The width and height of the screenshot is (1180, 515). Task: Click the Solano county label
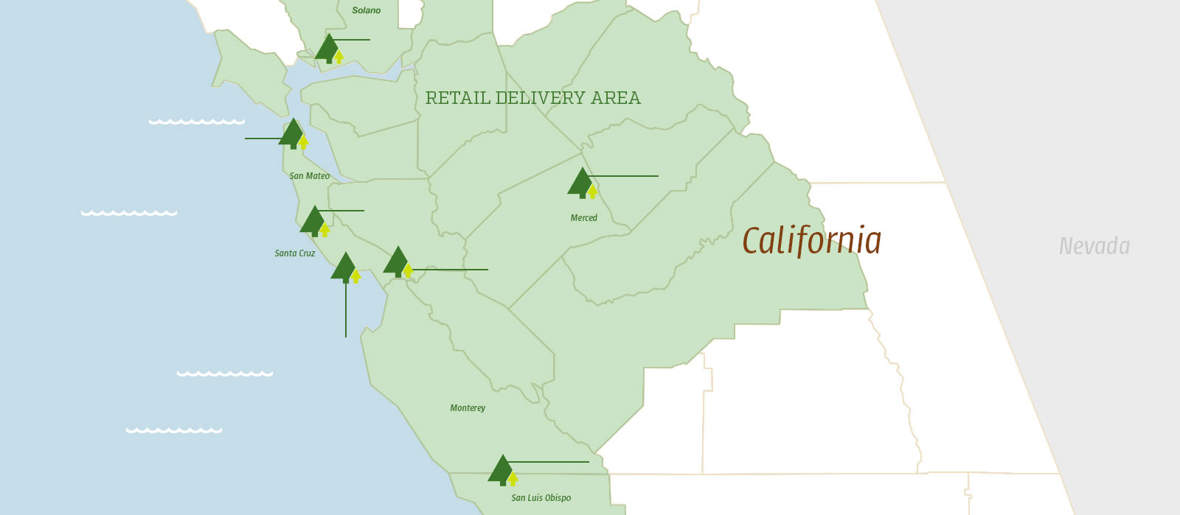pos(366,10)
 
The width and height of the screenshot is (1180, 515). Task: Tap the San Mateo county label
pos(310,176)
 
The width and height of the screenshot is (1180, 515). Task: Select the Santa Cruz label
pos(295,253)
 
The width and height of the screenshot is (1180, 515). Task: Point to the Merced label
pos(583,218)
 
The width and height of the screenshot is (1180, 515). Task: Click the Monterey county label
pos(468,408)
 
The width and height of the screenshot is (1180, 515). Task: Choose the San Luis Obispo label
pos(541,498)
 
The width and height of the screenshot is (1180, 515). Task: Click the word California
pos(811,241)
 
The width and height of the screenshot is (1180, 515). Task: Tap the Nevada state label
pos(1094,246)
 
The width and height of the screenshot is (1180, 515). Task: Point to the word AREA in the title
pos(616,98)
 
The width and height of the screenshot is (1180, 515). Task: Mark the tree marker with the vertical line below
pos(345,267)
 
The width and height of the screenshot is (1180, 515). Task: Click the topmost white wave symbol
pos(197,122)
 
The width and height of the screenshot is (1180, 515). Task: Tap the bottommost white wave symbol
pos(174,430)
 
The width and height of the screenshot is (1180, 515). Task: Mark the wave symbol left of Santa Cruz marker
pos(129,213)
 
